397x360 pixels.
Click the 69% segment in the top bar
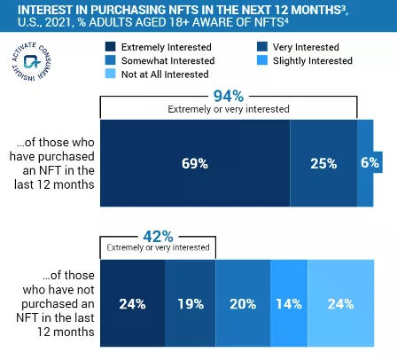point(195,163)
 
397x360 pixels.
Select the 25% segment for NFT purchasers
point(323,163)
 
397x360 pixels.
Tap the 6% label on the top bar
point(370,163)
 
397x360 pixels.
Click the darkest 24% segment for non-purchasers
point(132,304)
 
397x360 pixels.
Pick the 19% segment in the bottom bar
point(191,304)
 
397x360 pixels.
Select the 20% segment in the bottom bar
point(243,304)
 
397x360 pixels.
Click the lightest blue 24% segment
point(340,304)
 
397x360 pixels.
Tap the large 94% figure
point(229,95)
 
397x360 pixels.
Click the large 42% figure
point(158,235)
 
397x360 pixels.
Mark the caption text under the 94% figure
point(229,109)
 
